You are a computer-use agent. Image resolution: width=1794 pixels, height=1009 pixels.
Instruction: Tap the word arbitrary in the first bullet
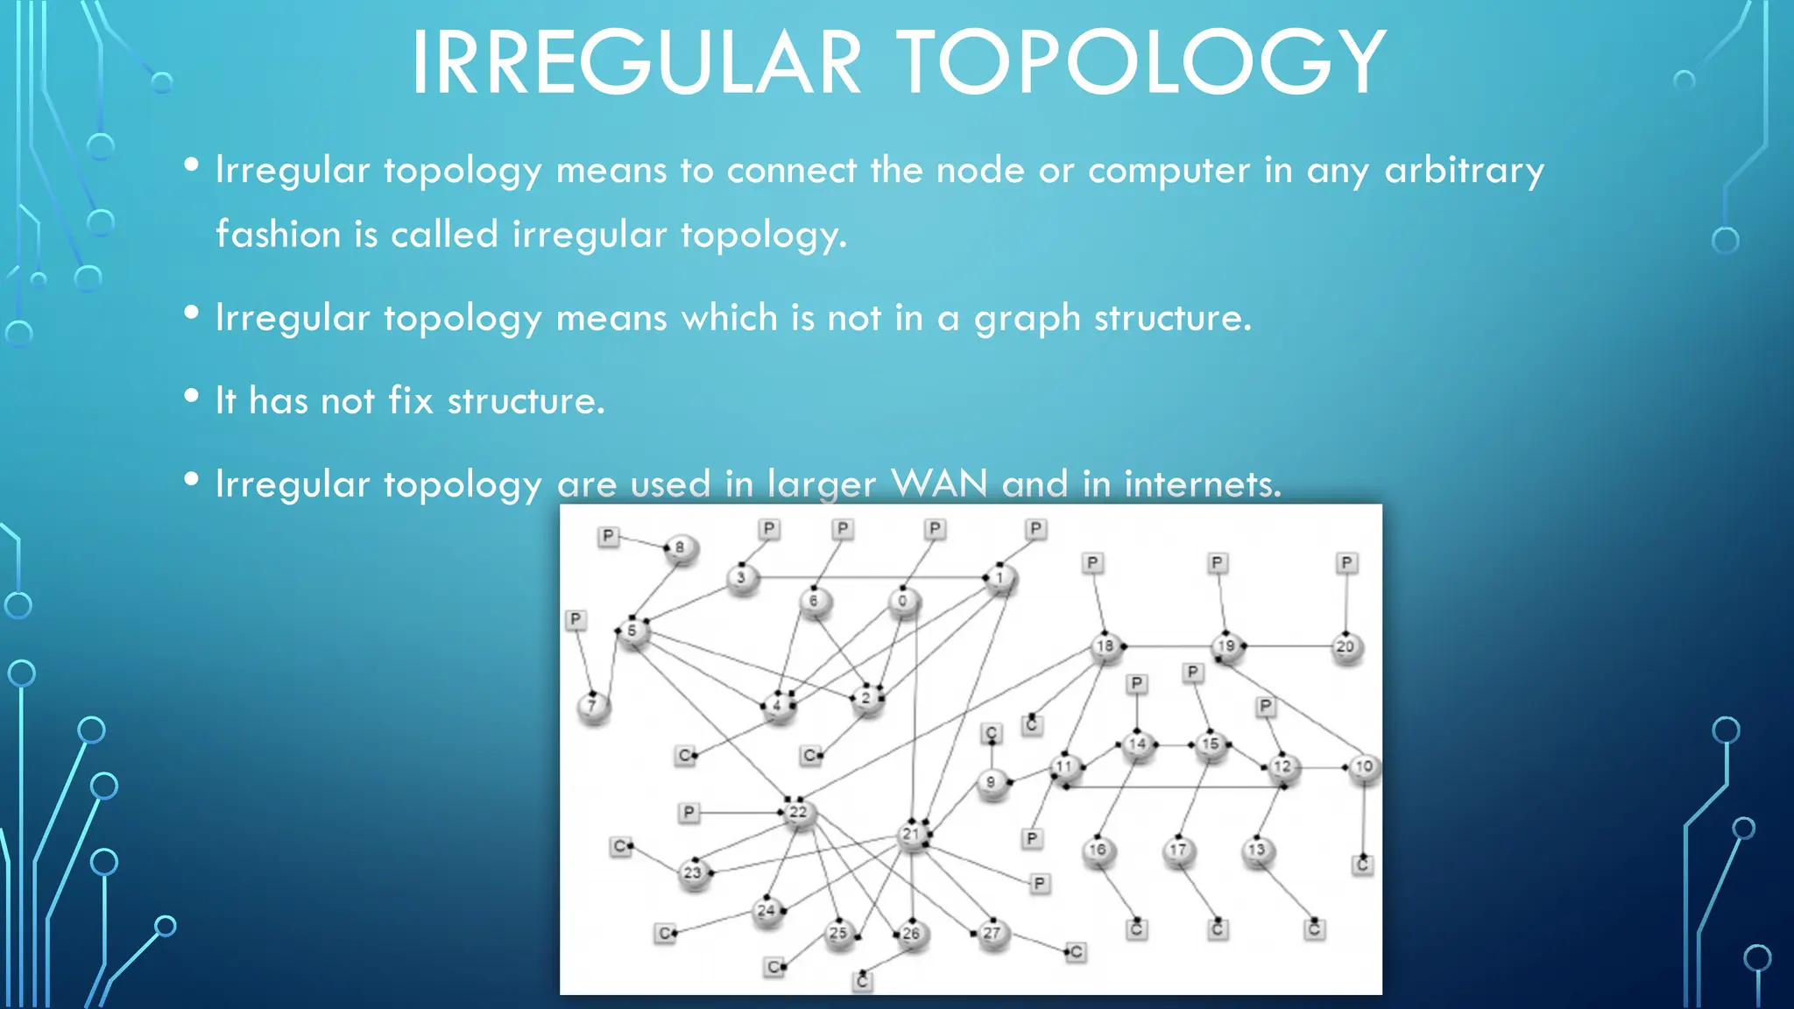coord(1464,170)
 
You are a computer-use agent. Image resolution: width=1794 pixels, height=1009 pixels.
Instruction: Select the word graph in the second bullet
coord(1028,318)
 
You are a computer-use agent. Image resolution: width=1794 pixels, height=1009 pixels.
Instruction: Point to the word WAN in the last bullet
coord(939,483)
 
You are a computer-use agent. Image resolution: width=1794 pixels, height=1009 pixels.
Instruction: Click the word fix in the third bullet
coord(411,400)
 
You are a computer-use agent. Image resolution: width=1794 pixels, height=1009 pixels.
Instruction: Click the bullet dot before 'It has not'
coord(192,397)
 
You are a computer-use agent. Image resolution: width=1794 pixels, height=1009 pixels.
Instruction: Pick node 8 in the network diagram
coord(681,549)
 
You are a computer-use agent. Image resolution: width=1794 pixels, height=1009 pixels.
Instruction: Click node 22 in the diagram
coord(798,814)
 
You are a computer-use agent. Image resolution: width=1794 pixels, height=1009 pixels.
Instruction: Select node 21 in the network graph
coord(912,835)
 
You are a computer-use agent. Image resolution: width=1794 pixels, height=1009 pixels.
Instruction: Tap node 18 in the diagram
coord(1105,647)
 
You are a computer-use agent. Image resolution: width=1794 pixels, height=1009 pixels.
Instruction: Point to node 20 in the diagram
coord(1345,648)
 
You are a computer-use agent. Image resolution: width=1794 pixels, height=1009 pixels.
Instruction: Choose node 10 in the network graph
coord(1364,767)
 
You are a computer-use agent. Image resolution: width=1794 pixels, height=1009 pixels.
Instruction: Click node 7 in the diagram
coord(593,706)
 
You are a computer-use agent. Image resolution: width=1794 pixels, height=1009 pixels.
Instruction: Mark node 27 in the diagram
coord(992,934)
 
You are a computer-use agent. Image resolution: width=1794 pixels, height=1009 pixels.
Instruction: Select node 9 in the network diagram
coord(992,782)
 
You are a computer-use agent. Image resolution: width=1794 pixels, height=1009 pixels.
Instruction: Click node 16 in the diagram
coord(1098,850)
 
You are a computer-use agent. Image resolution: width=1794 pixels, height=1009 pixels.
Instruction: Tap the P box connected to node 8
coord(608,536)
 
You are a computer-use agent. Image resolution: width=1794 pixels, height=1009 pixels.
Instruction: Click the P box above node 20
coord(1346,562)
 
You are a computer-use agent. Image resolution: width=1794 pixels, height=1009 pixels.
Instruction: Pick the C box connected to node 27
coord(1077,952)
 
